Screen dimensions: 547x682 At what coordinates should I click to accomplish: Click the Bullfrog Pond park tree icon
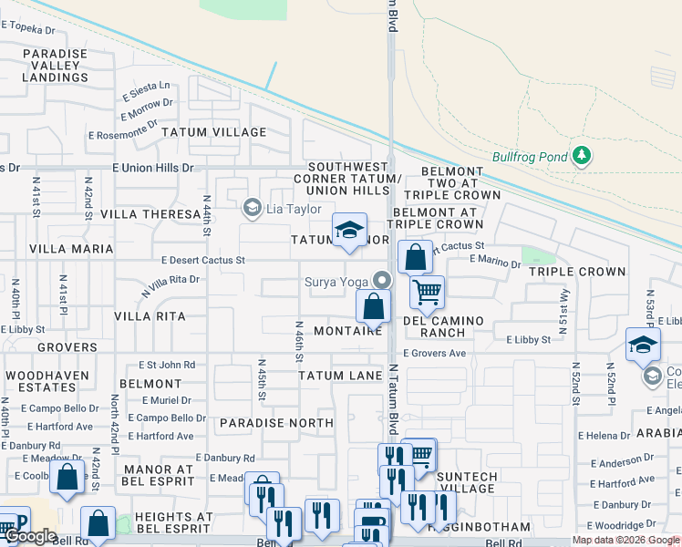[x=582, y=157]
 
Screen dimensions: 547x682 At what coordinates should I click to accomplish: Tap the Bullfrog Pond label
[x=530, y=157]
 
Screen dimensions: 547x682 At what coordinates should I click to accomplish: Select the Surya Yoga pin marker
[x=383, y=281]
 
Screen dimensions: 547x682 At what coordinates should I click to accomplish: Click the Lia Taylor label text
[x=293, y=209]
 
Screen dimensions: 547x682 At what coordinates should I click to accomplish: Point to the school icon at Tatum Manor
[x=348, y=231]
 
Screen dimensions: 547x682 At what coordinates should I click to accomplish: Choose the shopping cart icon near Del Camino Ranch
[x=427, y=293]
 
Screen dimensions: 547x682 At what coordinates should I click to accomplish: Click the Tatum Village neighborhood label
[x=214, y=132]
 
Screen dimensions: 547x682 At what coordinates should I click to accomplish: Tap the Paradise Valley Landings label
[x=56, y=66]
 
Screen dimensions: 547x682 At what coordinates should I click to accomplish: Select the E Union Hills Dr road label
[x=153, y=168]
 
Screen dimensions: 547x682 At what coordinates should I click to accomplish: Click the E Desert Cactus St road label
[x=202, y=260]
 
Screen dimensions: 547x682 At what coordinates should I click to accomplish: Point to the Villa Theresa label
[x=150, y=214]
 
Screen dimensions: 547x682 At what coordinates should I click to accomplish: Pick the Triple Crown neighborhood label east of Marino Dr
[x=577, y=272]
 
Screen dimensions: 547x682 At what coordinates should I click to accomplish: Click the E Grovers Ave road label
[x=434, y=353]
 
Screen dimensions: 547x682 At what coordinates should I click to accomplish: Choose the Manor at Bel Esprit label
[x=153, y=475]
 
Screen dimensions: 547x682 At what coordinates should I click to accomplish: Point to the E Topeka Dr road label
[x=31, y=29]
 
